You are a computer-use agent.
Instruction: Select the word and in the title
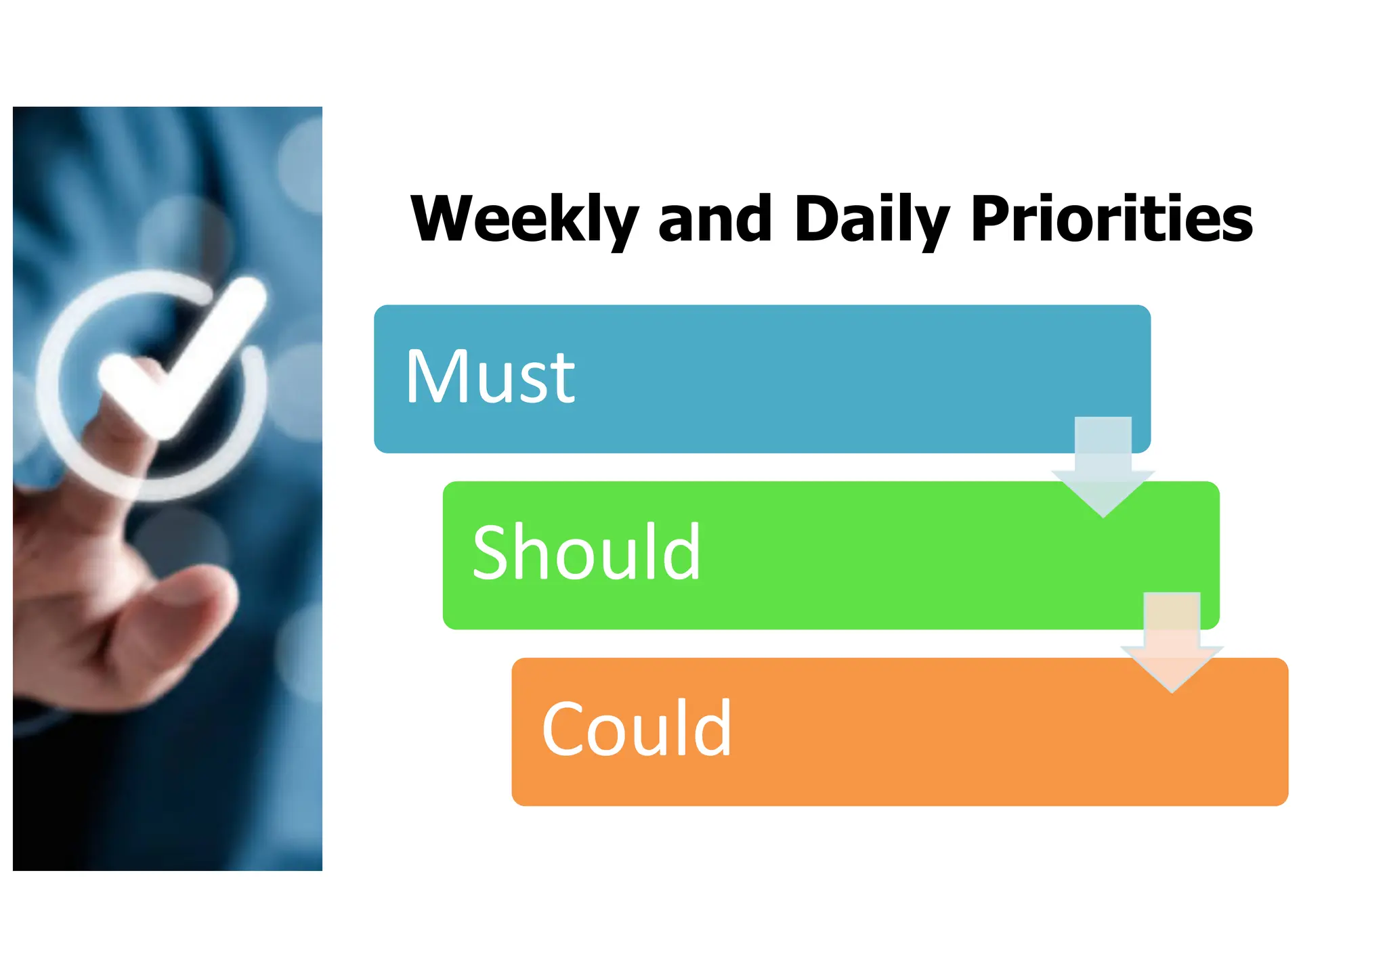pyautogui.click(x=714, y=219)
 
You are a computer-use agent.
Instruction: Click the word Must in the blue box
pyautogui.click(x=490, y=377)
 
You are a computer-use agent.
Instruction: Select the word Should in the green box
pyautogui.click(x=586, y=553)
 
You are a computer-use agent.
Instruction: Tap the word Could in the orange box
pyautogui.click(x=637, y=729)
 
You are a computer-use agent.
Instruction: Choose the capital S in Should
pyautogui.click(x=492, y=553)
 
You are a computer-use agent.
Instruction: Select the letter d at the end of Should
pyautogui.click(x=684, y=552)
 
